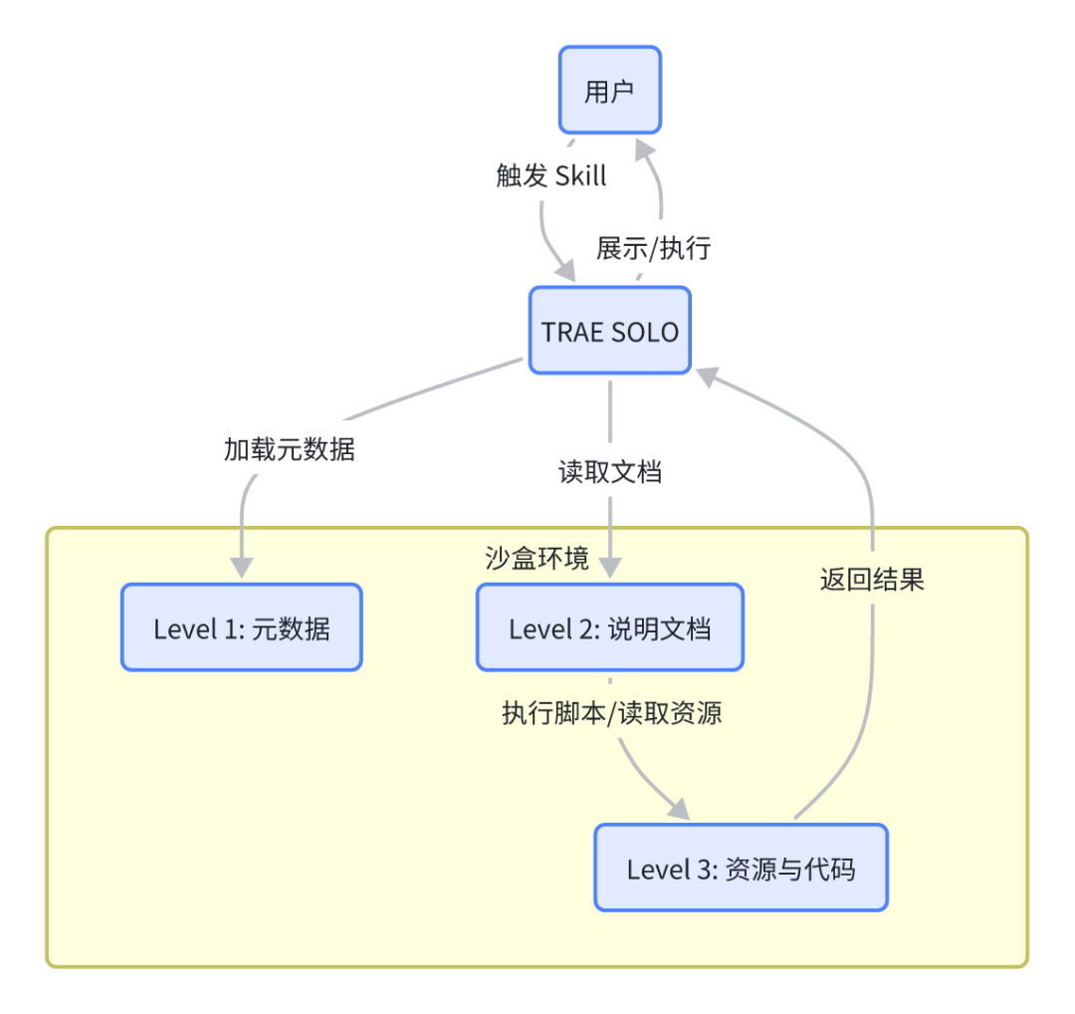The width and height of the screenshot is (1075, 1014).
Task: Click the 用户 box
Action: pos(609,90)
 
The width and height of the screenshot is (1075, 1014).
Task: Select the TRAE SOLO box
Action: pos(609,331)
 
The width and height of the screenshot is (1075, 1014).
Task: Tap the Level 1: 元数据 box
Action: pos(241,628)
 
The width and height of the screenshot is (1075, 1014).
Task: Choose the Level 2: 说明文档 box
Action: pos(609,628)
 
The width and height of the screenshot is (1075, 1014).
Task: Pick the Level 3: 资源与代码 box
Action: pos(741,868)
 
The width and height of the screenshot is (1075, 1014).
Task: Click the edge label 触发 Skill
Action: pos(551,176)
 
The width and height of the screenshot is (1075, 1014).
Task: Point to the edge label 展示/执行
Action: pos(653,247)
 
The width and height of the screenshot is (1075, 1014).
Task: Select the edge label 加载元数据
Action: pos(289,449)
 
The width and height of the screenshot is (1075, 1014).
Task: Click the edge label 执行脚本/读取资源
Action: pos(611,714)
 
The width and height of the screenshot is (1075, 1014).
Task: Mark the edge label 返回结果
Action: pos(872,580)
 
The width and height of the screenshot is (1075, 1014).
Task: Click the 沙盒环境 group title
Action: pos(537,558)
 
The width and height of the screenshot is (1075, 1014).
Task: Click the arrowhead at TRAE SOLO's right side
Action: pos(707,375)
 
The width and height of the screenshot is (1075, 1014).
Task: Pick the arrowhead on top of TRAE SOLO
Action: pos(566,272)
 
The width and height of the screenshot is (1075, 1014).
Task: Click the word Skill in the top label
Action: pos(581,176)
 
